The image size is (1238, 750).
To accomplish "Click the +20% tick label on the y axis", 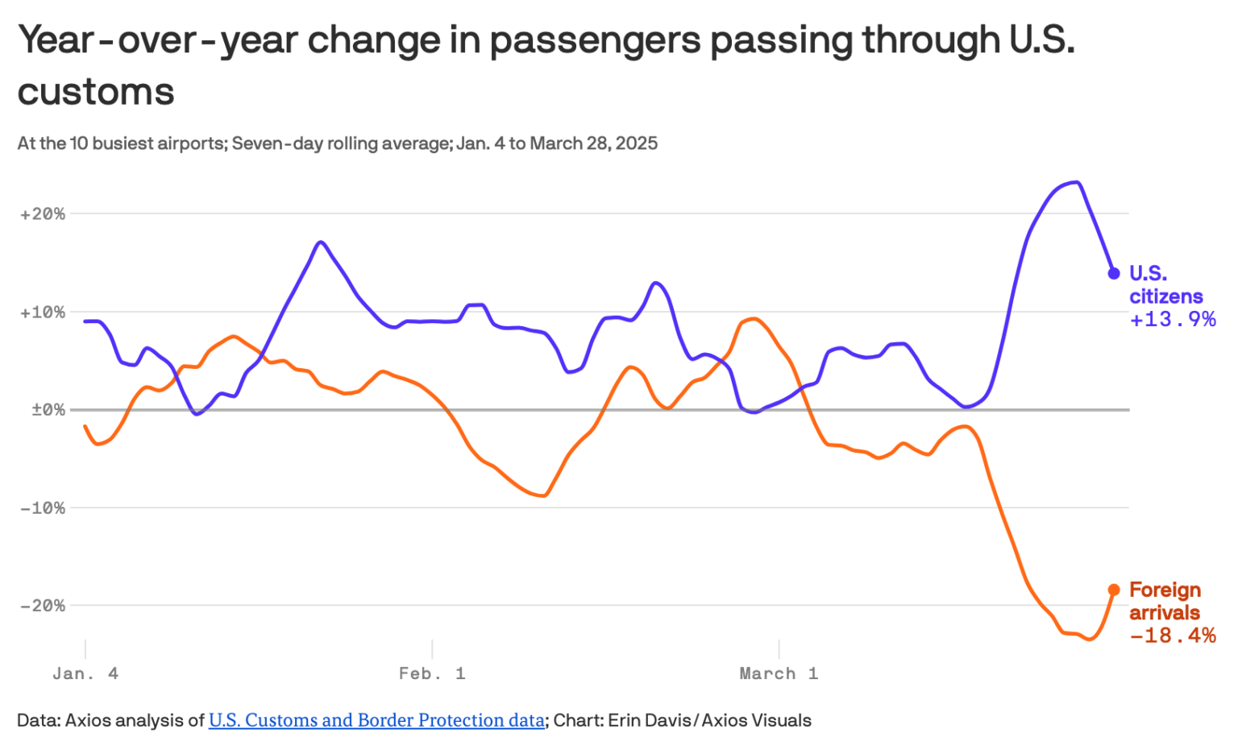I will (43, 214).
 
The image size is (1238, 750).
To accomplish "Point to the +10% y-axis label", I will (43, 313).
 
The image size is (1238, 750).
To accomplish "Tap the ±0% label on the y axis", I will (48, 410).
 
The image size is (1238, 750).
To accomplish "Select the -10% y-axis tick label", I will (43, 508).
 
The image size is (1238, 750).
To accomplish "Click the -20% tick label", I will (43, 606).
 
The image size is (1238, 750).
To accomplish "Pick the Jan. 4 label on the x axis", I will (85, 673).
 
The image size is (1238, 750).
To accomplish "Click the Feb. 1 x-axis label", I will (432, 673).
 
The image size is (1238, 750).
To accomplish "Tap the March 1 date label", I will (779, 673).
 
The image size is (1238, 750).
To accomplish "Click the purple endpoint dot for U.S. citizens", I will (1114, 273).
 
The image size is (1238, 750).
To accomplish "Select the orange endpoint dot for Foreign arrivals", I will (1114, 590).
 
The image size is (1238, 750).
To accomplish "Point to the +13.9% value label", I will (1173, 320).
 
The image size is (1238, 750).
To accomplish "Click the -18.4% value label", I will (1173, 636).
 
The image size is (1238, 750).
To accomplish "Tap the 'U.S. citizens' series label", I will (1165, 285).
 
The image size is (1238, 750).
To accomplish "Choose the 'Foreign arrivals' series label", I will (1165, 601).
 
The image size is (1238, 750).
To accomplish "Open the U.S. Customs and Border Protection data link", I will (376, 720).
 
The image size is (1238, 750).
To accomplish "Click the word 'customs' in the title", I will (96, 91).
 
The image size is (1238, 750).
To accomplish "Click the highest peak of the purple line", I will (1077, 182).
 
